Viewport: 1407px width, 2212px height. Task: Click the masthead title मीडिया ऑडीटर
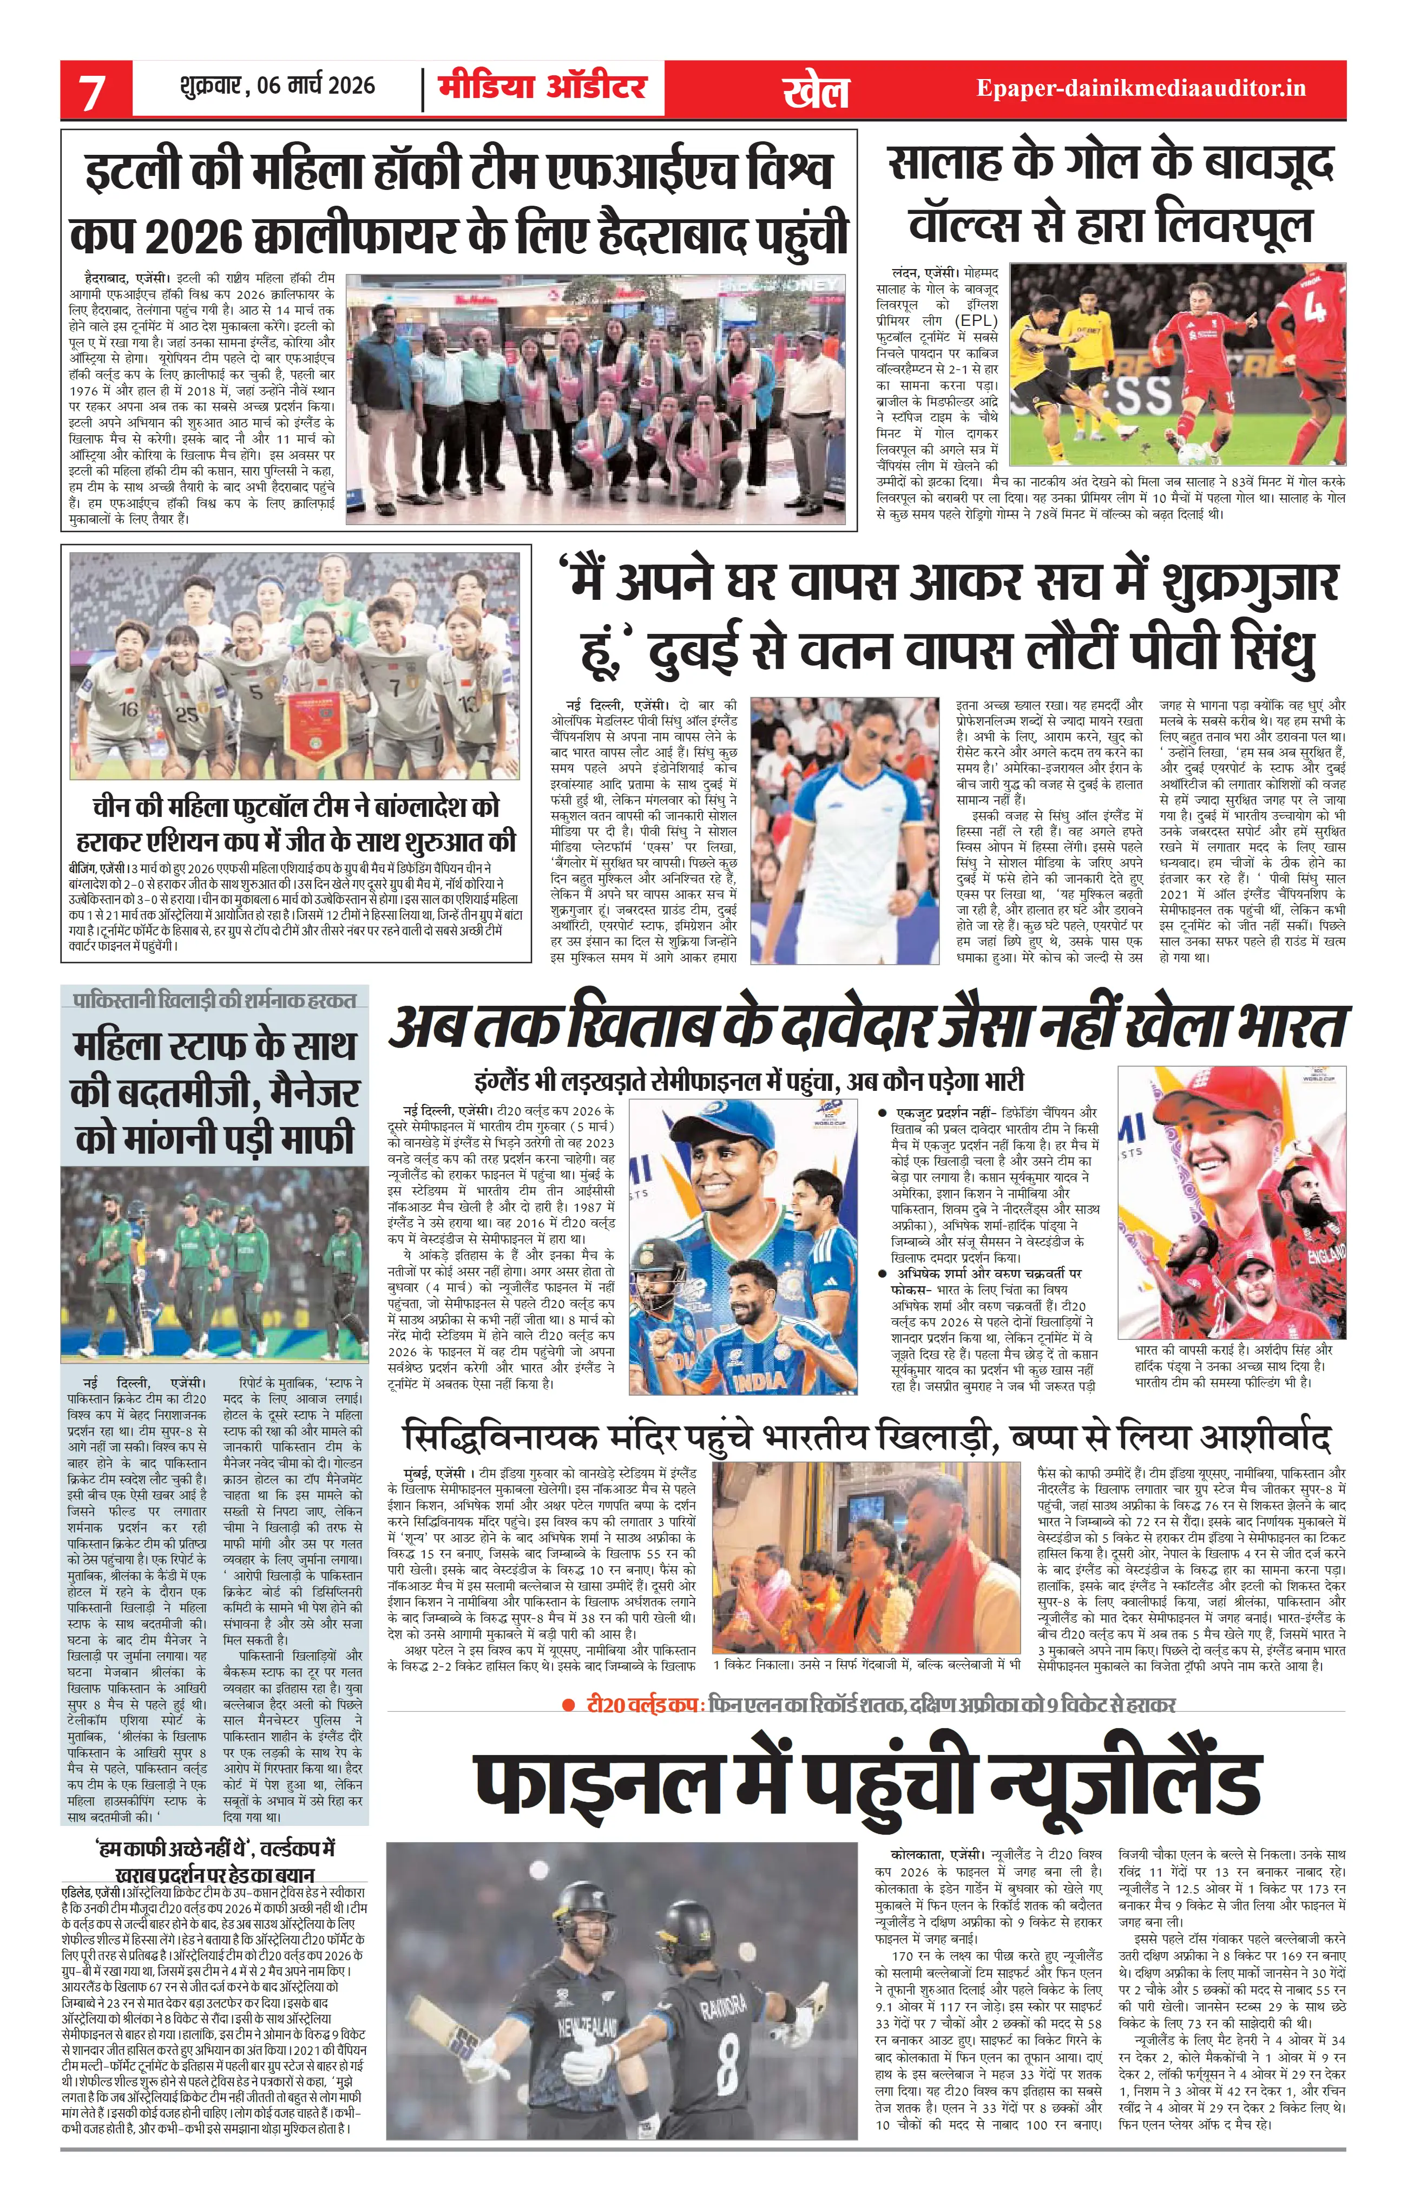point(542,87)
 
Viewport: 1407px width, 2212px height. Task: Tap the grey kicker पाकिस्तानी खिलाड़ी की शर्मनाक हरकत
point(215,999)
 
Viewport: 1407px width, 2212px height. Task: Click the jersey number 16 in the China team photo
point(129,708)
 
